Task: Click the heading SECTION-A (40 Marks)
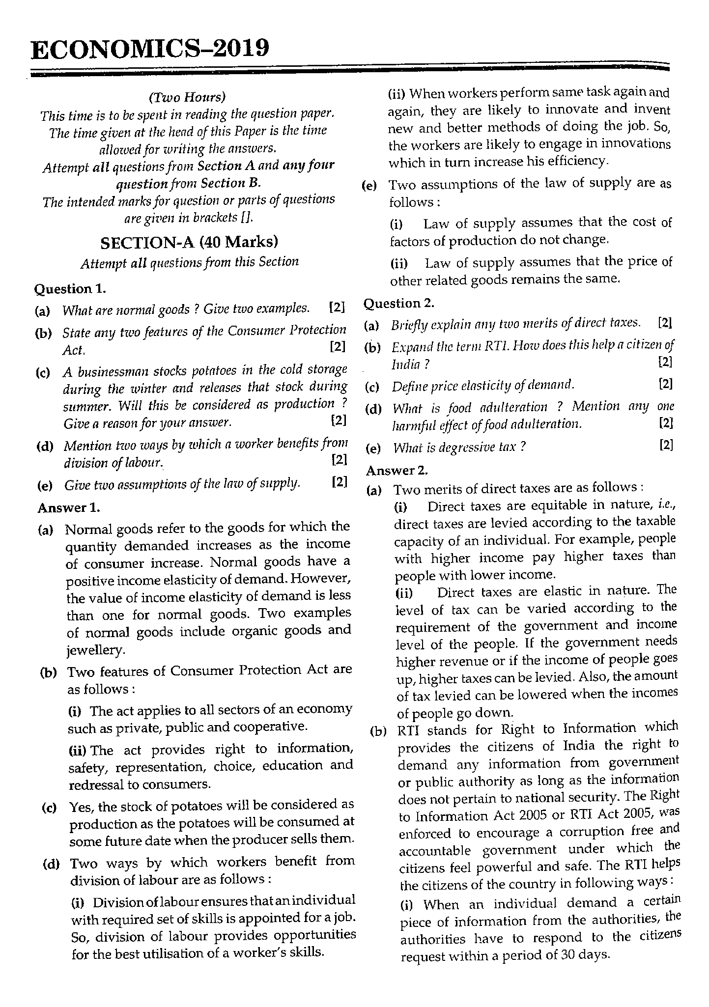(189, 242)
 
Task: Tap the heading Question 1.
(70, 289)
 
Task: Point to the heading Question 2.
(399, 304)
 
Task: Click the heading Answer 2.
(397, 470)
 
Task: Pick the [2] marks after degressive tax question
(666, 445)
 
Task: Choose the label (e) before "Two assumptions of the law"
(369, 186)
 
